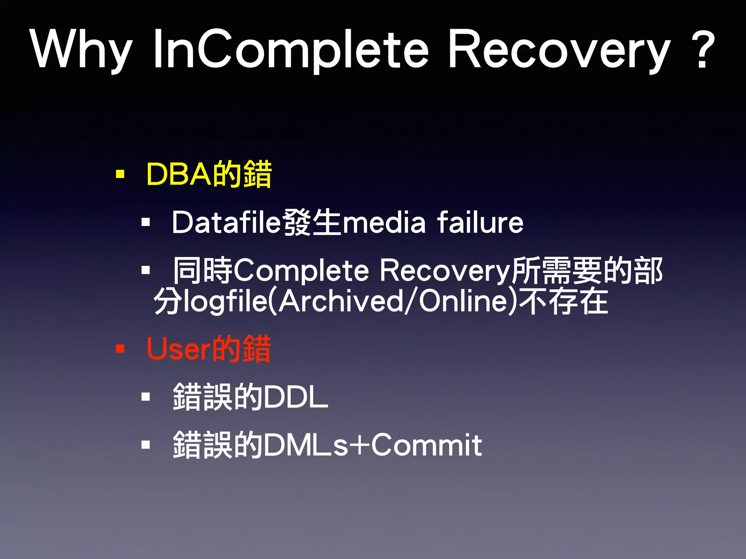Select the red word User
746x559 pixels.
point(178,349)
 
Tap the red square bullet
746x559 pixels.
point(120,349)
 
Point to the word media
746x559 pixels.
point(384,223)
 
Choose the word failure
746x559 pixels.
point(480,223)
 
